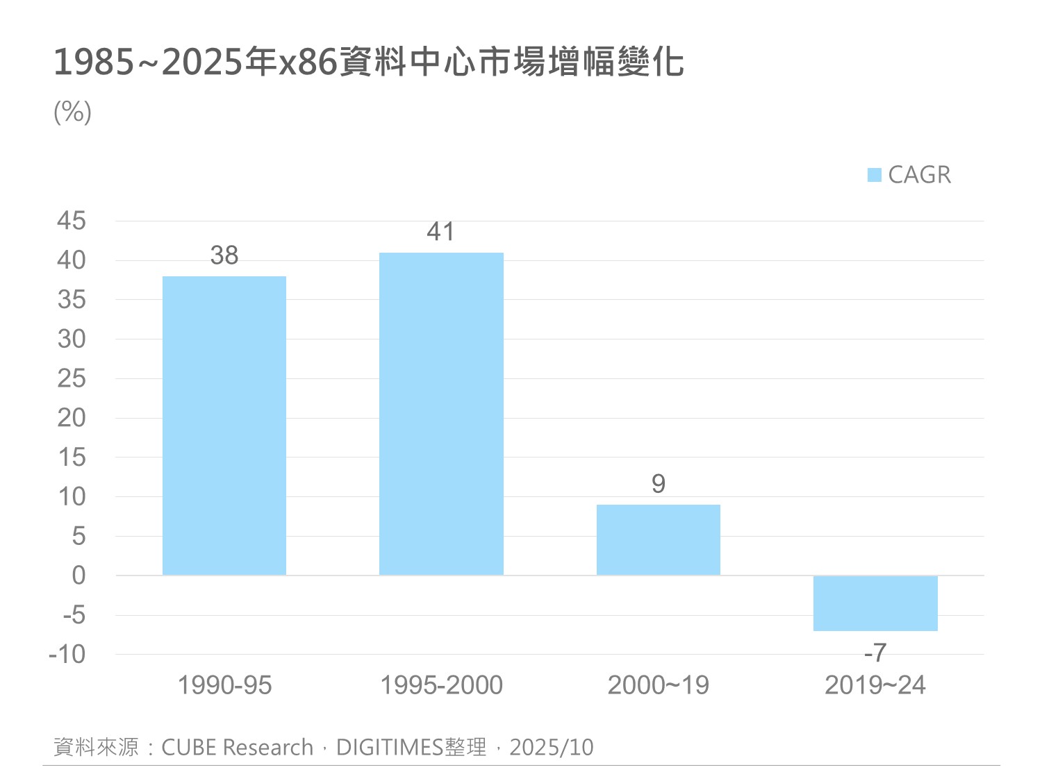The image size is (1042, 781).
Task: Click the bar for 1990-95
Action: (224, 426)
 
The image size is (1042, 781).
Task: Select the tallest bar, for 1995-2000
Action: (441, 414)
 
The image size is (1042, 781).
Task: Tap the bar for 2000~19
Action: (659, 539)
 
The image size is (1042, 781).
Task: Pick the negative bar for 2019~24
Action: (875, 603)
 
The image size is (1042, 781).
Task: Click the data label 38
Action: (224, 255)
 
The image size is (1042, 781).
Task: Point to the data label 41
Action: (441, 232)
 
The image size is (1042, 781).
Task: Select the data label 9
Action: (659, 484)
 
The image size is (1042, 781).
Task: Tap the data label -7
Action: (875, 653)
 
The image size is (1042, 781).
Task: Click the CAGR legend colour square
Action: (875, 175)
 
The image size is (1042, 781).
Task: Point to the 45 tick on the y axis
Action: (72, 221)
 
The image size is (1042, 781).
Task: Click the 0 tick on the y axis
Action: (78, 576)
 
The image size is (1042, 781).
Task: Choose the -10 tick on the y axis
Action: (67, 654)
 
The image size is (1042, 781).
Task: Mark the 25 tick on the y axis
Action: (72, 378)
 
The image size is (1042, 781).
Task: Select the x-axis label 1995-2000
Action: (441, 685)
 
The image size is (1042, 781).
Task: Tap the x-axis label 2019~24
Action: (875, 685)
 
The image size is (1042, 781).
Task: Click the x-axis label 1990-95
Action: (224, 685)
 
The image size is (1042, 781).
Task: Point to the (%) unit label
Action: (72, 111)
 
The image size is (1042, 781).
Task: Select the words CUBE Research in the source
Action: (238, 748)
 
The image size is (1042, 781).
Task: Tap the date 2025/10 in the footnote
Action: (552, 748)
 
